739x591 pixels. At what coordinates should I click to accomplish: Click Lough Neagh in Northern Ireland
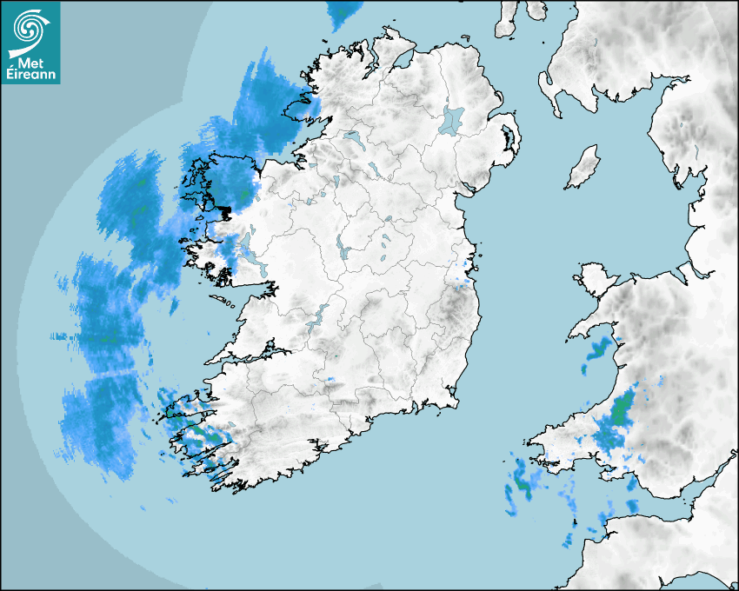452,119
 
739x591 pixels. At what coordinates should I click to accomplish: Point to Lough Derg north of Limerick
319,315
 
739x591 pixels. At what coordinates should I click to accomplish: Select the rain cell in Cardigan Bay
598,350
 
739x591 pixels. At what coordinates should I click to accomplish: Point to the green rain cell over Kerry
203,431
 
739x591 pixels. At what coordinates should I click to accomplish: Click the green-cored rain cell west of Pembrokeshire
523,481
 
